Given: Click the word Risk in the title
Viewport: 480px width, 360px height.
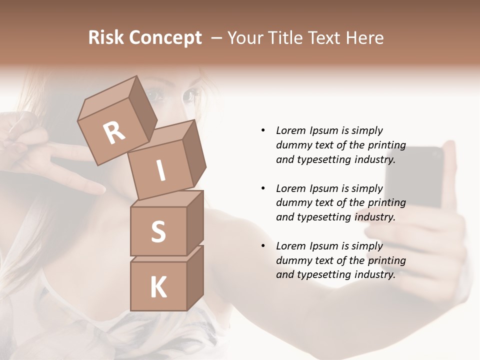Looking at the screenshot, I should coord(106,38).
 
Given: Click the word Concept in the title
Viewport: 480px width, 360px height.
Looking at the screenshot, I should coord(165,38).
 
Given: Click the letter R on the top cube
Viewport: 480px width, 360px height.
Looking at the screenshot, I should coord(114,132).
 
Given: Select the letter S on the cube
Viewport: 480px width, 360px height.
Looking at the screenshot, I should coord(158,231).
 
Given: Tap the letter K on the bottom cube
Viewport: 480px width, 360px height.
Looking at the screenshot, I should coord(158,287).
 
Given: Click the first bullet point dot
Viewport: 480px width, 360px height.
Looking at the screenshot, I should coord(263,130).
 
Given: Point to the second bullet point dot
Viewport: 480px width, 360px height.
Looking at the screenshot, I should coord(263,188).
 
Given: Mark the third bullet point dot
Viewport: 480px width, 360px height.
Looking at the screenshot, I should coord(263,246).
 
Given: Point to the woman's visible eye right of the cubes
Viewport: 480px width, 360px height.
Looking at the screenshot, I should coord(190,95).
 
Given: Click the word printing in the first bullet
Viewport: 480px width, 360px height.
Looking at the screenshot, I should coord(386,145).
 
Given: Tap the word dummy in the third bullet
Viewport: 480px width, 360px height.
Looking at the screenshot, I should coord(293,260).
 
